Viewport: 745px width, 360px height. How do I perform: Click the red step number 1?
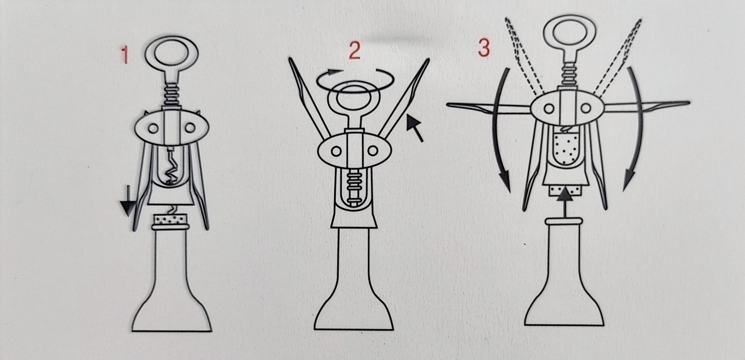tap(125, 55)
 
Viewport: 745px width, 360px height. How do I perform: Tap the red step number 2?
tap(355, 51)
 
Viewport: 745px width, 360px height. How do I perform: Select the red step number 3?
tap(484, 48)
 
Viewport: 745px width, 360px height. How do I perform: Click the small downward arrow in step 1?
tap(128, 201)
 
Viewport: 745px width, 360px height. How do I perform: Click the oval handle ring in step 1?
tap(172, 37)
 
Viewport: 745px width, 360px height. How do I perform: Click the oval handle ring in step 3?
tap(570, 16)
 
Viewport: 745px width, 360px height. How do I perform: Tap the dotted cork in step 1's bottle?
tap(170, 219)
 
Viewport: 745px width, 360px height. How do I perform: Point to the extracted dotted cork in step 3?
tap(565, 148)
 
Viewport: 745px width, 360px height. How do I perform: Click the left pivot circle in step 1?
tap(153, 128)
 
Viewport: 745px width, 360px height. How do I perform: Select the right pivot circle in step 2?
tap(373, 151)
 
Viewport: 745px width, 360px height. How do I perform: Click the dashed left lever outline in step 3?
tap(523, 55)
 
